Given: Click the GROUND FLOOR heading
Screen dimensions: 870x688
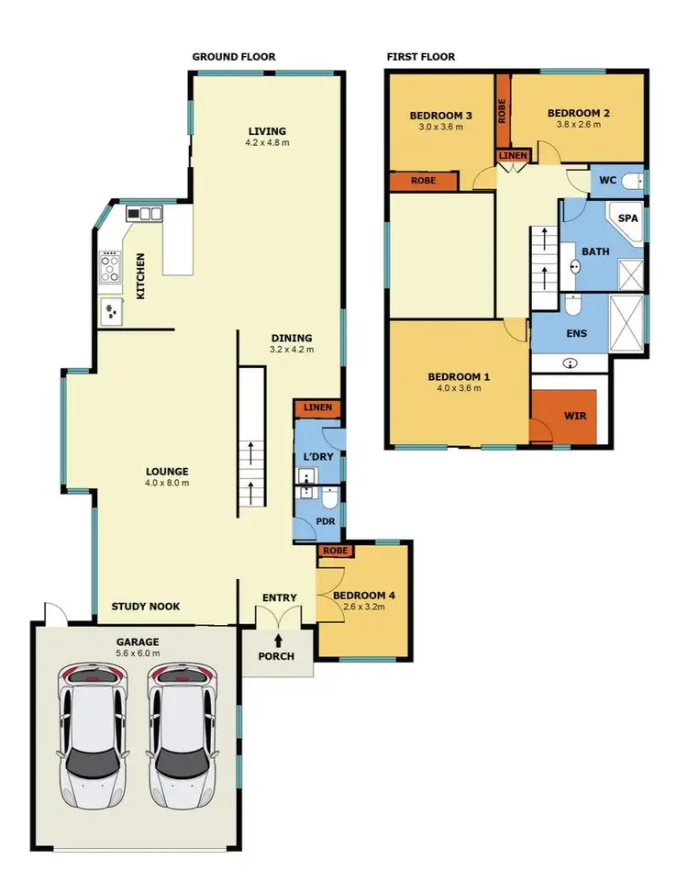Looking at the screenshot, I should [233, 57].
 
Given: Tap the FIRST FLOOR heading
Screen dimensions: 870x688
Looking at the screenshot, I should [420, 57].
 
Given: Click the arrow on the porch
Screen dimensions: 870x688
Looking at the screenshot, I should [278, 641].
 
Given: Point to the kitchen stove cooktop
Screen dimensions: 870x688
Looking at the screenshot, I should [111, 267].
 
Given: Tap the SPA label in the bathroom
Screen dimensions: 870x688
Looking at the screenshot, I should [627, 218].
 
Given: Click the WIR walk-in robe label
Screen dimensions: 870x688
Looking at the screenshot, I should [574, 416].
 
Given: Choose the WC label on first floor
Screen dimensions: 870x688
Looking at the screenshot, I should [607, 180].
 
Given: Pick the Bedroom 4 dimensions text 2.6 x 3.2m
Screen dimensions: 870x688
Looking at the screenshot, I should [363, 608].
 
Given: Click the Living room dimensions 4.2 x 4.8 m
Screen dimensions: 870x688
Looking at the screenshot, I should [267, 143].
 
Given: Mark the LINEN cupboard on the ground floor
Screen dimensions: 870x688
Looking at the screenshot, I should [317, 407].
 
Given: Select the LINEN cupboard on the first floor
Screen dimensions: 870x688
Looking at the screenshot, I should [513, 156].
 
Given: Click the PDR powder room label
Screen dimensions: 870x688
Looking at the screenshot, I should [326, 521].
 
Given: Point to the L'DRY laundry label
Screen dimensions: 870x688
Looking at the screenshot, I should [316, 456].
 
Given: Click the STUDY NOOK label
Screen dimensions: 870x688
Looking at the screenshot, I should [145, 607].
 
